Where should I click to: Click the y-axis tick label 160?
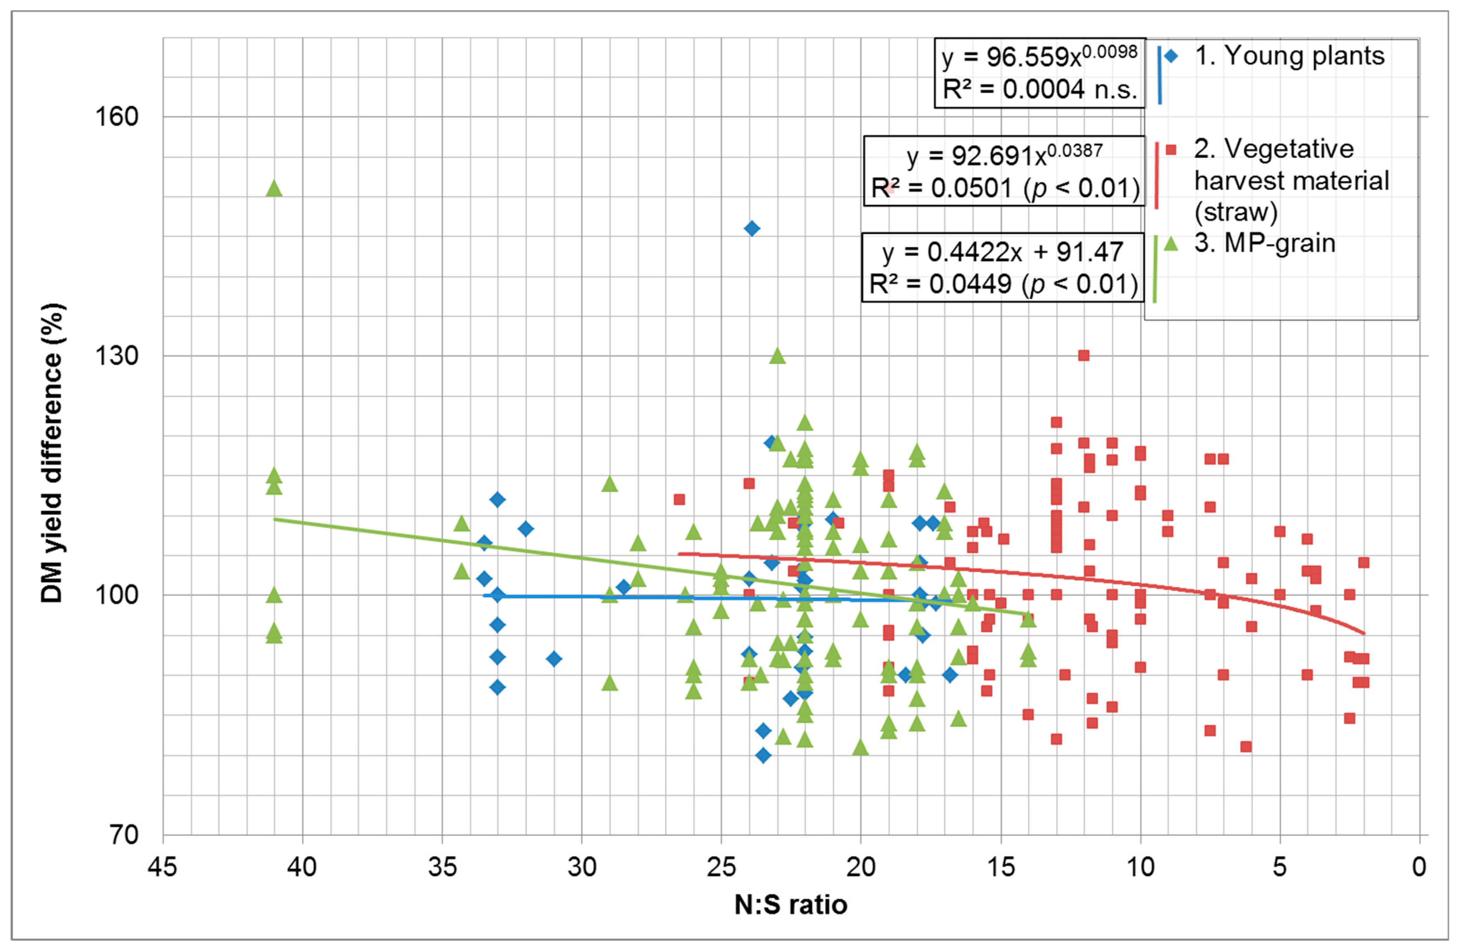coord(116,116)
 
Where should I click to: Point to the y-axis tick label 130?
coord(116,356)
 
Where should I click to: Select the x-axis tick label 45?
coord(162,867)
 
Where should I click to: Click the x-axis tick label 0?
coord(1419,867)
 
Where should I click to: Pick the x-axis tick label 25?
coord(721,867)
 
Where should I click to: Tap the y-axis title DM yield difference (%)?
coord(52,453)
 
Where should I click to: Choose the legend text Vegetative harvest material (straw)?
coord(1290,181)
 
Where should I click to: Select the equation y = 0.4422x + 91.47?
coord(1003,252)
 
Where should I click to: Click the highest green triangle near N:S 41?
coord(274,189)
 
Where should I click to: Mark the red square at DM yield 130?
coord(1084,356)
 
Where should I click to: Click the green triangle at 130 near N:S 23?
coord(777,356)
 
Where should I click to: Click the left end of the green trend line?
coord(275,519)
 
